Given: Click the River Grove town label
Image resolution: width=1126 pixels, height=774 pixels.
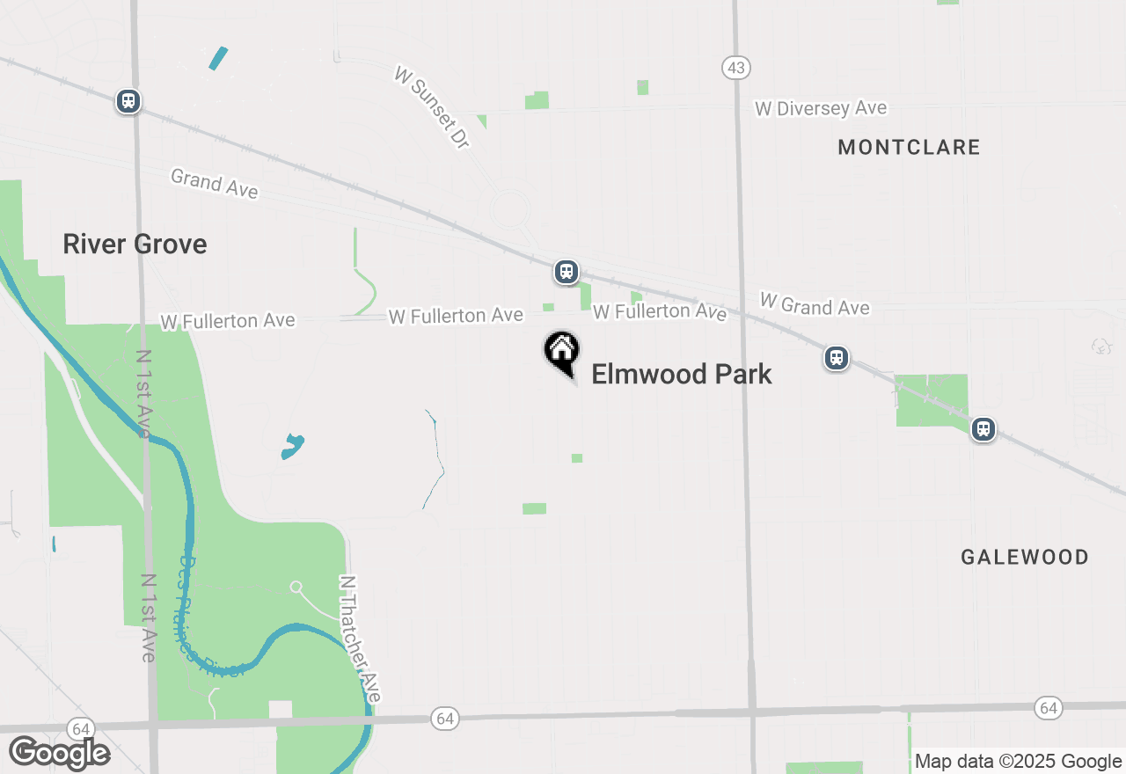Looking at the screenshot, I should pos(135,244).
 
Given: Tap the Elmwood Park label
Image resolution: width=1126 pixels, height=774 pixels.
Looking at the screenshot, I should pos(682,374).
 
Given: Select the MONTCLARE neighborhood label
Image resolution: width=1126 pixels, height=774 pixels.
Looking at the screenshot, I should pos(909,147).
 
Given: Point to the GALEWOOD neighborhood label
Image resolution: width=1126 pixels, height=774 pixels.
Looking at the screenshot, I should pos(1025,557).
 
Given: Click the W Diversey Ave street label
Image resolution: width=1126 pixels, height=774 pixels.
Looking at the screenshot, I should pos(821,108).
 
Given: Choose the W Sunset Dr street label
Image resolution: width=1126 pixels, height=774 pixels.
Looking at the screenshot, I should pos(432,108).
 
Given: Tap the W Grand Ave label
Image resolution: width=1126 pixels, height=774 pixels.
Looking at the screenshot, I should pos(815,305).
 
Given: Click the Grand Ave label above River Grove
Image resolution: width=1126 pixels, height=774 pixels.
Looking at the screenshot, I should pos(215,184).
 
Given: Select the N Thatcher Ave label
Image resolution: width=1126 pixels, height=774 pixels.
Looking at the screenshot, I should pos(361,638).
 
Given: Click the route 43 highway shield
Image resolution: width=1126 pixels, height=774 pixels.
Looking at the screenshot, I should pos(735,67).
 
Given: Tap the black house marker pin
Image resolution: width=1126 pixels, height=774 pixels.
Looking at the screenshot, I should pos(561,353).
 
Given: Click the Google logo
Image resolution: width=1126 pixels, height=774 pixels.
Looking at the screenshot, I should pos(59,753).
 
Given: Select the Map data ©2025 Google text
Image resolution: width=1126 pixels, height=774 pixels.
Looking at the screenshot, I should pos(1018,762).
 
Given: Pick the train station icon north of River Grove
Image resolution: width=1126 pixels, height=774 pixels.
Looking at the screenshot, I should pos(128,101).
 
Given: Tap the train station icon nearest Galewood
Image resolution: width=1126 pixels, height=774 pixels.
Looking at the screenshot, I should pos(983,429).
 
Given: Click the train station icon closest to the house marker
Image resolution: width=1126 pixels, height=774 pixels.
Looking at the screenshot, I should pos(566,272).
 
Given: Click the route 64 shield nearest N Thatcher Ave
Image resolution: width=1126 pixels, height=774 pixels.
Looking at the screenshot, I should pos(445,719).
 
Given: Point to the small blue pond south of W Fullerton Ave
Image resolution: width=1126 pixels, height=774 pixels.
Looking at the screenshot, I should pos(292,446).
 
